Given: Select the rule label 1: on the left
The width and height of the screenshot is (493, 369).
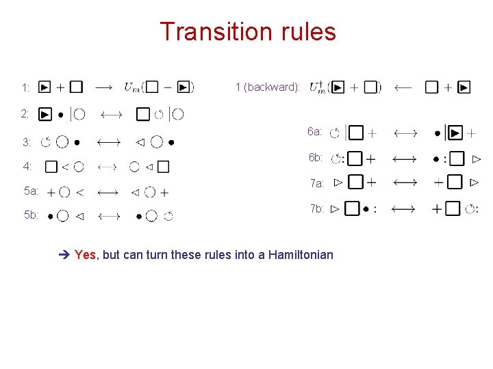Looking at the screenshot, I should tap(25, 87).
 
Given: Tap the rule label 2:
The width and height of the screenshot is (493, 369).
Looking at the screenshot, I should tap(25, 113).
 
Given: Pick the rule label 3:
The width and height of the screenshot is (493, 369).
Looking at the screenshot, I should tap(27, 143).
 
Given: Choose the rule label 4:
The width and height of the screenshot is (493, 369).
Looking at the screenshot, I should tap(27, 166).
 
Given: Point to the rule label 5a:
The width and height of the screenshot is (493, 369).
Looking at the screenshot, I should tap(31, 191).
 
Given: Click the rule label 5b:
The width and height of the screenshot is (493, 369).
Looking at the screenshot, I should tap(31, 215).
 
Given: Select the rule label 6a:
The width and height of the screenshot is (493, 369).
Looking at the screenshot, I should tap(315, 131).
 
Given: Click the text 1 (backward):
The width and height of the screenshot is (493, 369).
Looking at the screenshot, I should tap(267, 87).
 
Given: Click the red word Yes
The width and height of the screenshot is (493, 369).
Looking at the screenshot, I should tap(85, 255).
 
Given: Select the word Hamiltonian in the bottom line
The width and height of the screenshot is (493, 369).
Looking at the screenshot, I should tap(301, 255).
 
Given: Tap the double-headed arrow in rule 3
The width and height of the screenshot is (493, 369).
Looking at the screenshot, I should tap(109, 142).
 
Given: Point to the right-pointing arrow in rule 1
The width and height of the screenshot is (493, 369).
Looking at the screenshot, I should tap(104, 87).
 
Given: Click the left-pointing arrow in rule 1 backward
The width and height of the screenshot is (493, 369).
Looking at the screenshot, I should tap(403, 87).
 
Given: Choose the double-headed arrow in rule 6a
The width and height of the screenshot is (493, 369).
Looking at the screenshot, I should tap(403, 133).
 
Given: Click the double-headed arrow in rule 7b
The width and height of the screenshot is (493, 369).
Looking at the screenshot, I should tap(403, 209).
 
